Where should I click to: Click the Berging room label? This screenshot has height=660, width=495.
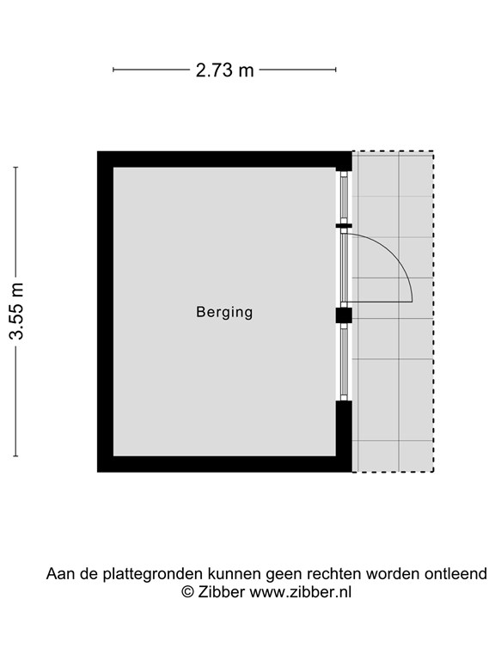click(x=224, y=312)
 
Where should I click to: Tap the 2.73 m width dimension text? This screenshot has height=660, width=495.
click(x=225, y=70)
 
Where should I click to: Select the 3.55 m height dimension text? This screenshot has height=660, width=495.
click(x=17, y=311)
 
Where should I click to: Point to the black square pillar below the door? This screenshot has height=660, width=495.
click(x=344, y=315)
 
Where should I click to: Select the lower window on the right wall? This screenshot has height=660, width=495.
click(x=344, y=362)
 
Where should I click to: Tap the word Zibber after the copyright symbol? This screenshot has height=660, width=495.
click(x=222, y=592)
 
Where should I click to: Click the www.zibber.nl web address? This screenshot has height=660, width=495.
click(x=301, y=592)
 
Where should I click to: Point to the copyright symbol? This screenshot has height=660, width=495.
click(x=187, y=592)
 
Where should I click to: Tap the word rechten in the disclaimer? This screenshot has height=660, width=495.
click(x=334, y=574)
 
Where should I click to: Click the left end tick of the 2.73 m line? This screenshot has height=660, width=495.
click(x=113, y=70)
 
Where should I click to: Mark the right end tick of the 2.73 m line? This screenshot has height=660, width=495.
click(x=335, y=70)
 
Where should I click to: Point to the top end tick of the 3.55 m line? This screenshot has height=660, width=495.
click(x=15, y=168)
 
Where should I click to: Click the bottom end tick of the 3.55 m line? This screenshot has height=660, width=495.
click(x=15, y=455)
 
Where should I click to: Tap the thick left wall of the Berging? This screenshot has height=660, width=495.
click(x=105, y=311)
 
